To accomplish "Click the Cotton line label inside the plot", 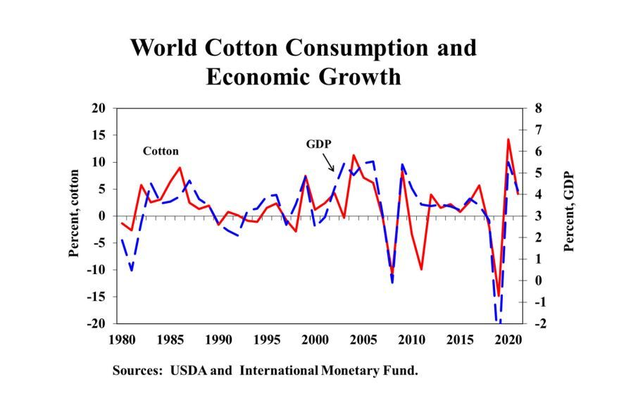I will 161,151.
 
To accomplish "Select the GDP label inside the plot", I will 318,144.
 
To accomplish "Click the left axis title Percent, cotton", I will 74,216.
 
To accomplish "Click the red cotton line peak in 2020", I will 508,140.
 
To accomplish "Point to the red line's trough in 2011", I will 421,269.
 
